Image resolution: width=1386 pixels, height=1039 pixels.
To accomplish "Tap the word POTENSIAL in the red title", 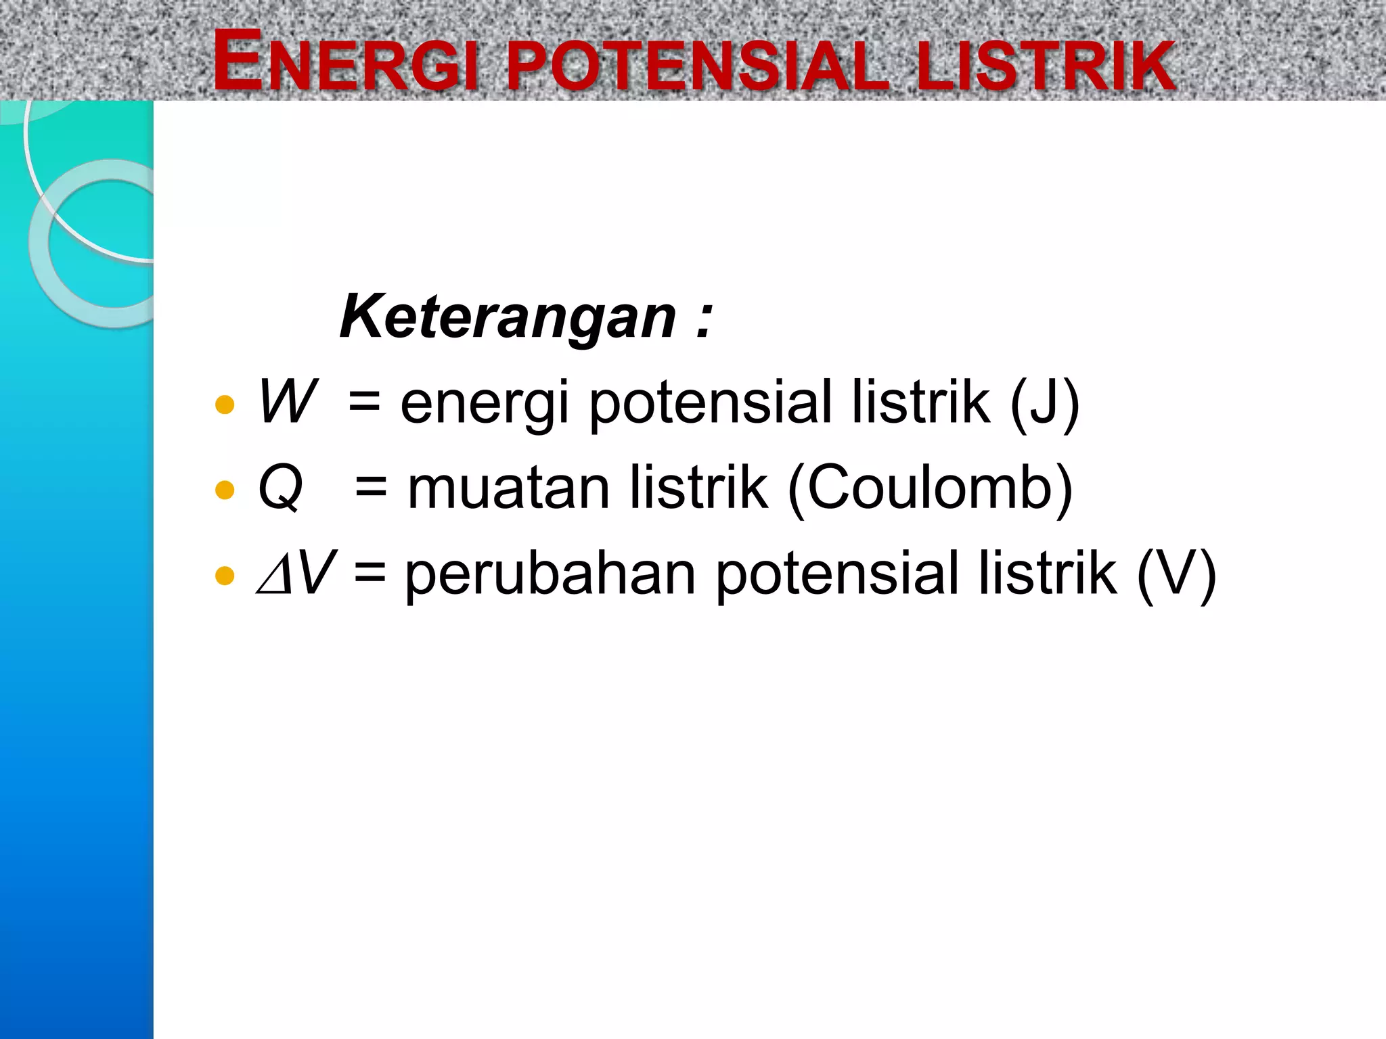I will (x=697, y=65).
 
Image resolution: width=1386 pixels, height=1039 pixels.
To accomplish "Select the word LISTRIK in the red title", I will (x=1046, y=65).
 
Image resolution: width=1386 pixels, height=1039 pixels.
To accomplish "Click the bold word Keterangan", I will (x=508, y=317).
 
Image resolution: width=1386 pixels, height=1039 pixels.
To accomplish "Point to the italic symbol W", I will (x=287, y=402).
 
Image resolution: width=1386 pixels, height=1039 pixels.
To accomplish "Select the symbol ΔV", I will (x=296, y=573).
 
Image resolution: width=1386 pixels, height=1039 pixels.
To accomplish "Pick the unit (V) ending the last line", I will (x=1176, y=574).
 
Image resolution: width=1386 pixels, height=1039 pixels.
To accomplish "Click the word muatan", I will (x=509, y=488).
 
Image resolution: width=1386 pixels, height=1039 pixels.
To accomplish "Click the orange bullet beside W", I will (x=224, y=405).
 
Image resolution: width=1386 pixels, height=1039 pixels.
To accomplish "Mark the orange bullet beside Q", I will (x=224, y=490).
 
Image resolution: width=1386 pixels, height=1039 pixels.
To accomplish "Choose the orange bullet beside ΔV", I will (x=224, y=576).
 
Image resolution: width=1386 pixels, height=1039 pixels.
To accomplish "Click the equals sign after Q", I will (x=371, y=488).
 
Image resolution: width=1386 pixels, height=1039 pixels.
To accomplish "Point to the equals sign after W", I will (x=365, y=403).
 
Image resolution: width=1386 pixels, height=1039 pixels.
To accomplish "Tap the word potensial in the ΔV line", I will (x=837, y=574).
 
